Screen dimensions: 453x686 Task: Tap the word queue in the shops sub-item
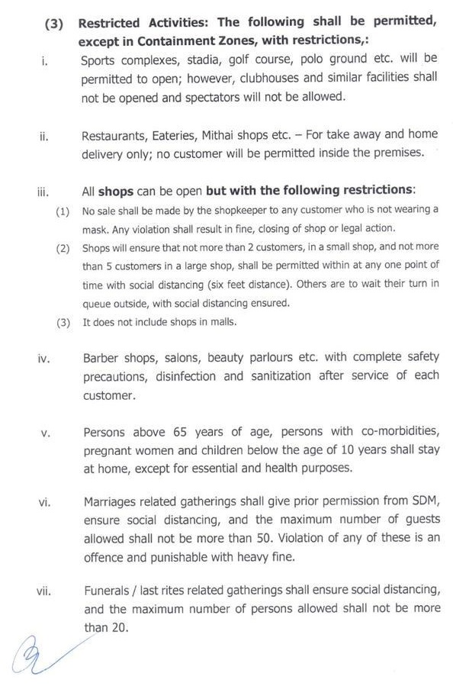pos(99,303)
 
